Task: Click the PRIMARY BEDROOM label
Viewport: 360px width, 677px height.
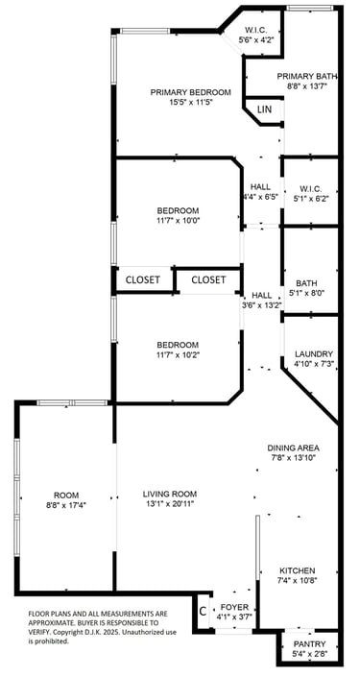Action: [190, 92]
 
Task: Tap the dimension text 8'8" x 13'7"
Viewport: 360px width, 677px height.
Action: [307, 85]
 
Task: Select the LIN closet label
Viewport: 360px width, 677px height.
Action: [265, 109]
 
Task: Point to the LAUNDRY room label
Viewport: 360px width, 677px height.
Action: [308, 353]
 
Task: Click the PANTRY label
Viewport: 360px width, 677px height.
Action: [310, 644]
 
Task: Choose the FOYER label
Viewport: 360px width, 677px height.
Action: [234, 607]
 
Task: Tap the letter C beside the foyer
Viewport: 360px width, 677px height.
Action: [203, 611]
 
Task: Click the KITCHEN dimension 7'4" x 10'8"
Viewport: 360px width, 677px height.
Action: [298, 580]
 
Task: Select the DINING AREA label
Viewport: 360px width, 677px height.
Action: [293, 447]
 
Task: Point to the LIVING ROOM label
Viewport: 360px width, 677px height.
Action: [170, 494]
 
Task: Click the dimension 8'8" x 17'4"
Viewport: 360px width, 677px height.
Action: [66, 504]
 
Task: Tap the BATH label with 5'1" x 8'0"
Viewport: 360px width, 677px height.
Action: [306, 283]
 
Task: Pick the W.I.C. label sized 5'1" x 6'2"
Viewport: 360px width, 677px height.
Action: [310, 189]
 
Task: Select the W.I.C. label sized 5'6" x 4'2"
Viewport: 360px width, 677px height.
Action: [256, 30]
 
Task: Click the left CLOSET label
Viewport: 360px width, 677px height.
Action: [143, 279]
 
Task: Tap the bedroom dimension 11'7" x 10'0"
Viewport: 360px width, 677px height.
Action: [178, 220]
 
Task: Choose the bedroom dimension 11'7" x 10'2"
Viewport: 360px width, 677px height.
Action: [178, 354]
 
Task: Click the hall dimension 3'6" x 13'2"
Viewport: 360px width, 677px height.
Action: [262, 304]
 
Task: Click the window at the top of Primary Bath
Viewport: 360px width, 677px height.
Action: [310, 8]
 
